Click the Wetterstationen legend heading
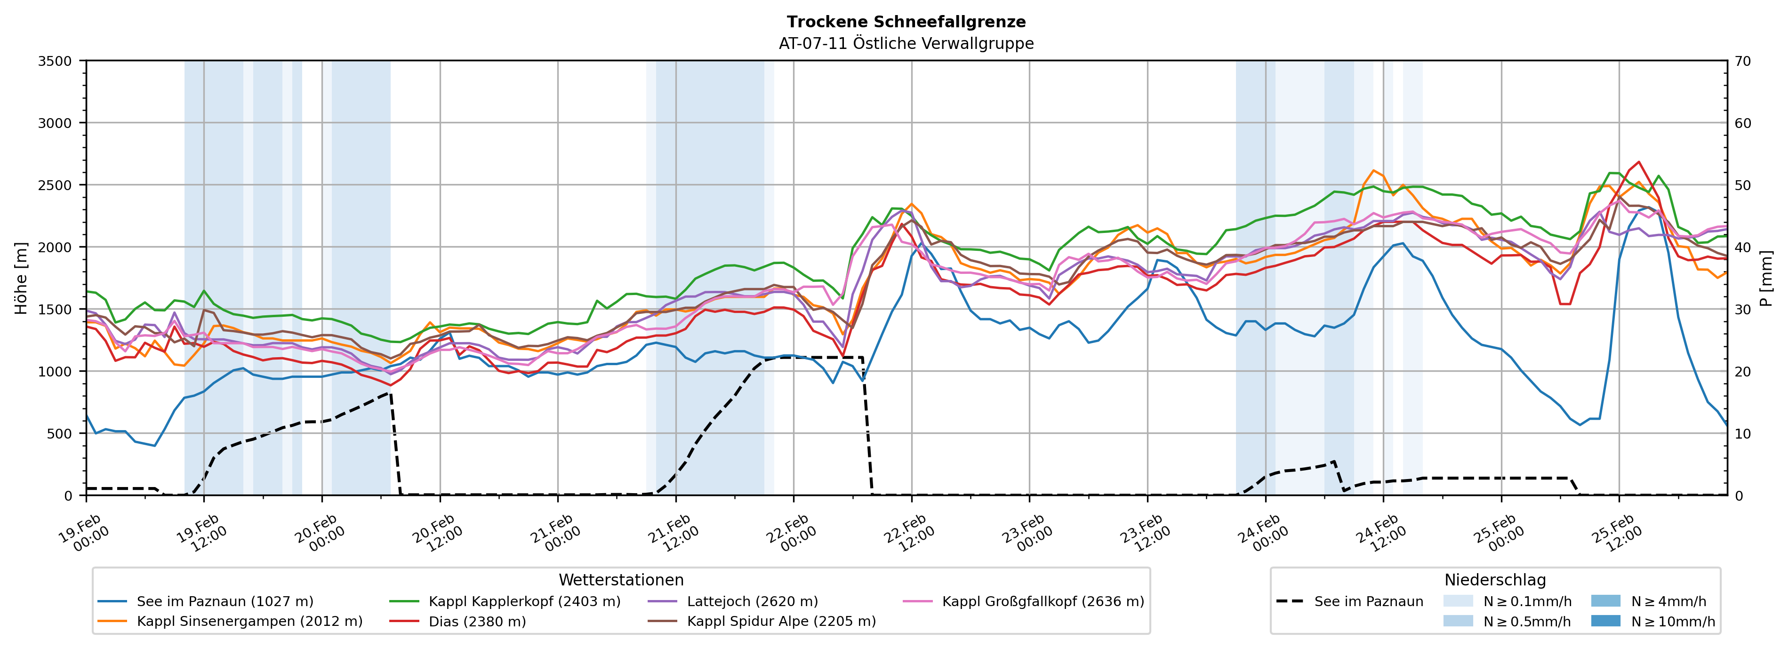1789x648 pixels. click(621, 580)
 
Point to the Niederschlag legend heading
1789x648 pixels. click(1494, 580)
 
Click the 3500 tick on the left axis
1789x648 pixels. click(55, 61)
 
